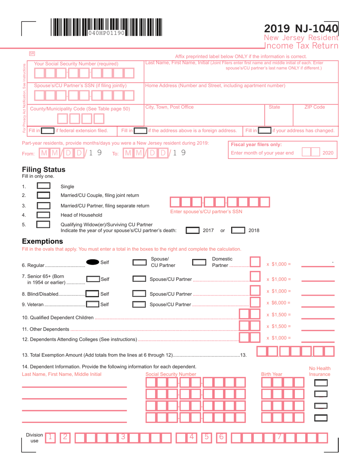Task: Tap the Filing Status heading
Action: point(44,169)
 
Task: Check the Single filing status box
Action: point(44,186)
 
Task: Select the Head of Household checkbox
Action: point(44,215)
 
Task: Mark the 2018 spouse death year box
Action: point(238,230)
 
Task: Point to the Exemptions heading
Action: point(42,241)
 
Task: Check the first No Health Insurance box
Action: point(321,383)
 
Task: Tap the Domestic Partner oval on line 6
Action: point(199,262)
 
